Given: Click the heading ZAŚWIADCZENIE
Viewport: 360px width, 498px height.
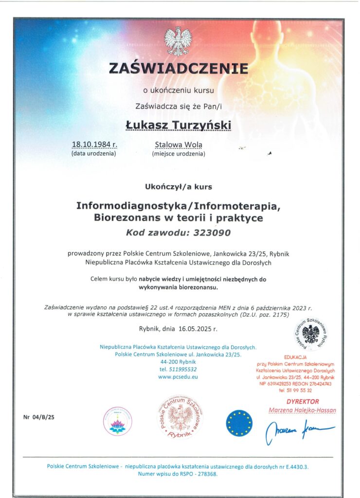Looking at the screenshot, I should [178, 68].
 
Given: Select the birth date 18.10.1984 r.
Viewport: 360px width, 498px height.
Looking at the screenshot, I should [94, 144].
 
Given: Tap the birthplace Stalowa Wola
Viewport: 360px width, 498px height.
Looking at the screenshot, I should [179, 144].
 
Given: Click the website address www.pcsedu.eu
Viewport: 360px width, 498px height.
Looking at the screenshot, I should [178, 376].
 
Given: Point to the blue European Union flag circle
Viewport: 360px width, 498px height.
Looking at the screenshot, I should [239, 423].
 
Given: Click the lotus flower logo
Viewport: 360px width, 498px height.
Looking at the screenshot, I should [118, 421].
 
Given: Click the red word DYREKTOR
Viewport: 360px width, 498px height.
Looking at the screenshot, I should [303, 402].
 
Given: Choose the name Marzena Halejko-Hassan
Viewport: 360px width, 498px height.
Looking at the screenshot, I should [302, 410].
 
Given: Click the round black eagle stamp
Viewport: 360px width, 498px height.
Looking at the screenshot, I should [310, 335].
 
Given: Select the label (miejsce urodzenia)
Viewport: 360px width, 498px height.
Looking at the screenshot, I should [179, 154].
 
